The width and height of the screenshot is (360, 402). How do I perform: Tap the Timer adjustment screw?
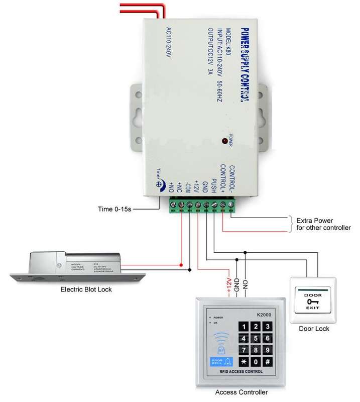click(x=160, y=185)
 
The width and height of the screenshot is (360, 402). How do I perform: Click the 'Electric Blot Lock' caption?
click(x=86, y=289)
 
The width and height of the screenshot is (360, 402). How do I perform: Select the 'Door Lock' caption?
click(x=315, y=329)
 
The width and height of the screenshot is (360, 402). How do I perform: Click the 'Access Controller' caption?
click(x=241, y=392)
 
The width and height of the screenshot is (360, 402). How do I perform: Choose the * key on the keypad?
click(x=244, y=361)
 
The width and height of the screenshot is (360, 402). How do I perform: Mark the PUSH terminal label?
click(x=213, y=185)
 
